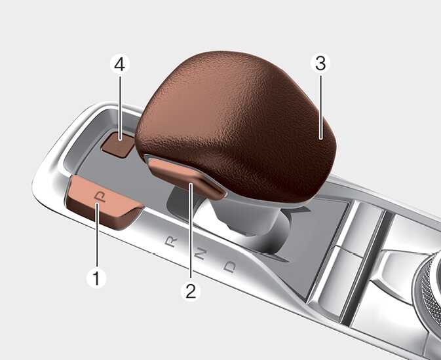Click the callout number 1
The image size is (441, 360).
pyautogui.click(x=96, y=278)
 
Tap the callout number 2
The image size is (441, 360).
pyautogui.click(x=191, y=291)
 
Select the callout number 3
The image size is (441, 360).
pyautogui.click(x=320, y=63)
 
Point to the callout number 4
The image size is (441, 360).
pyautogui.click(x=120, y=64)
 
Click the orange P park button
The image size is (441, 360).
pyautogui.click(x=104, y=202)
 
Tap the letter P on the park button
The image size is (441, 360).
pyautogui.click(x=100, y=196)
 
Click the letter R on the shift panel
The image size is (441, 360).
pyautogui.click(x=171, y=242)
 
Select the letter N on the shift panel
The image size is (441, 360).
pyautogui.click(x=200, y=254)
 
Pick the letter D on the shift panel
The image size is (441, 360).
pyautogui.click(x=230, y=267)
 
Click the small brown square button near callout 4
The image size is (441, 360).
pyautogui.click(x=118, y=144)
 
